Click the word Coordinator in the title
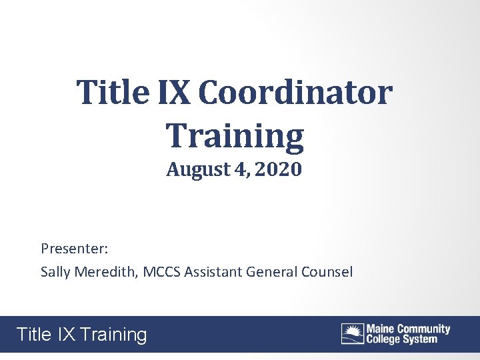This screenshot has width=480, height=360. tap(295, 93)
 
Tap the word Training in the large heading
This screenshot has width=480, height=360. tap(235, 135)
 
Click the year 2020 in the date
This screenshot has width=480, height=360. tap(278, 170)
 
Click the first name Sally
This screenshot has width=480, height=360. tap(55, 272)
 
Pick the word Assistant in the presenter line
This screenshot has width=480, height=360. tap(213, 272)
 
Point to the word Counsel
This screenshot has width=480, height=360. tap(327, 272)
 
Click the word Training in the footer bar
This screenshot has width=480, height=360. tap(113, 334)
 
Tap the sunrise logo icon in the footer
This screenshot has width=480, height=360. tap(353, 333)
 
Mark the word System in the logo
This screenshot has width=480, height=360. tap(421, 339)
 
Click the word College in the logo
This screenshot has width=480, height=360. tap(384, 339)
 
